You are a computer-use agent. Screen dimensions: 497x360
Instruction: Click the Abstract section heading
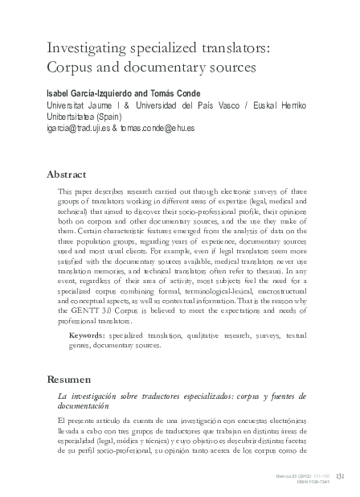67,174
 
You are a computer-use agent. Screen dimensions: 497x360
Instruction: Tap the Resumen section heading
68,377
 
